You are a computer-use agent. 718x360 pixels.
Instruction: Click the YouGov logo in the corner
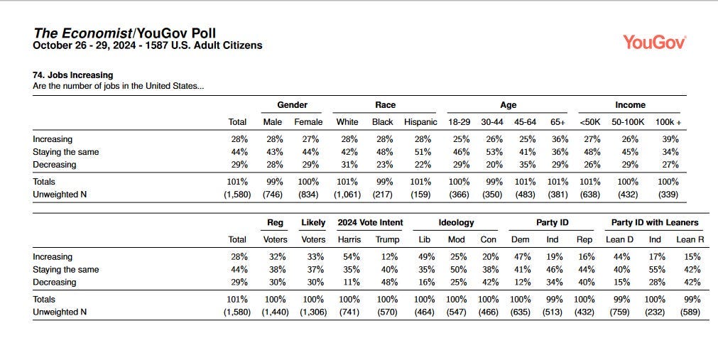tap(654, 42)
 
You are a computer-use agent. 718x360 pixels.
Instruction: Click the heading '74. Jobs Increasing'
tap(73, 75)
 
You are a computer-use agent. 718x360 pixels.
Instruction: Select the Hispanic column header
tap(420, 122)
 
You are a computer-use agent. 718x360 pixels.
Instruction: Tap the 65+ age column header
tap(557, 122)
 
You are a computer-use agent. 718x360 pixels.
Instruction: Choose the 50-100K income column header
tap(628, 122)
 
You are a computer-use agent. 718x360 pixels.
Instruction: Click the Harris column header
tap(349, 239)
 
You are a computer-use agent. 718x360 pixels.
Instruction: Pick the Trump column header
tap(387, 239)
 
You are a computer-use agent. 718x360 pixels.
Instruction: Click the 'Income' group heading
tap(630, 105)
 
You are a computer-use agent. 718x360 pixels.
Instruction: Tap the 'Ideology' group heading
tap(456, 222)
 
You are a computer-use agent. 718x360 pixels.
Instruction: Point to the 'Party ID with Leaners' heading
tap(655, 222)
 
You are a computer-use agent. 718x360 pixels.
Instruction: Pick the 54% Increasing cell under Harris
tap(352, 257)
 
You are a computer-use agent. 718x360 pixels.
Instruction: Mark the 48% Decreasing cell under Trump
tap(389, 282)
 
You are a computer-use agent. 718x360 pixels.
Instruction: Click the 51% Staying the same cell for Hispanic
tap(422, 152)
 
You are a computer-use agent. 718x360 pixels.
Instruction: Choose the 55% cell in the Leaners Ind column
tap(657, 270)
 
